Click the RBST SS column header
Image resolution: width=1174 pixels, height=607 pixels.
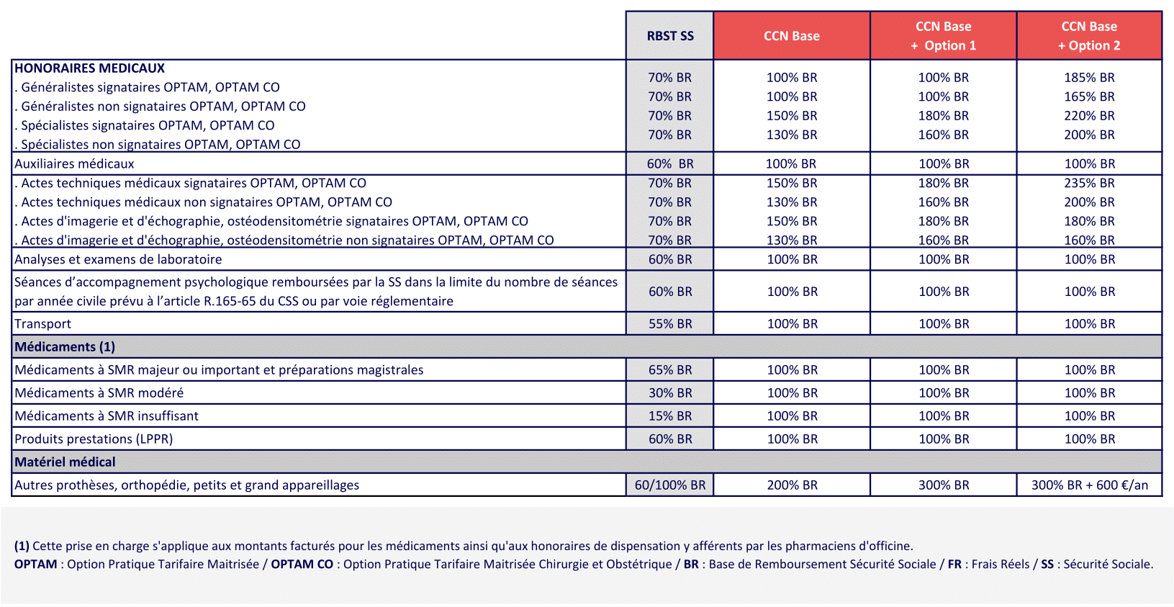coord(669,36)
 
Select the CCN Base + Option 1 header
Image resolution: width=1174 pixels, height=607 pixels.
coord(943,36)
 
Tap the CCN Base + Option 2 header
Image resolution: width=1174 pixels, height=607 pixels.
coord(1089,36)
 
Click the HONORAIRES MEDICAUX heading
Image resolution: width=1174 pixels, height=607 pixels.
coord(90,68)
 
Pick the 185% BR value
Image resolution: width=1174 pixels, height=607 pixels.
coord(1089,78)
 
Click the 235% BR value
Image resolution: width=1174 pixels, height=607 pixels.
coord(1089,184)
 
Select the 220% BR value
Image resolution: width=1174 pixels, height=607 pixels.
coord(1089,116)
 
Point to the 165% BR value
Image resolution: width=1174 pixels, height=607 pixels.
coord(1089,96)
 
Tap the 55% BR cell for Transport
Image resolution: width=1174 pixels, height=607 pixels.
coord(669,324)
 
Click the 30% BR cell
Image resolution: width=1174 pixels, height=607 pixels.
coord(669,393)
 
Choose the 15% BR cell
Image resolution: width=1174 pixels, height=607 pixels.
coord(669,416)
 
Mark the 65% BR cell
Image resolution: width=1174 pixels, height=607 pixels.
coord(669,370)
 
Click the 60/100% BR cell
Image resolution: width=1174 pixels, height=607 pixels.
coord(669,485)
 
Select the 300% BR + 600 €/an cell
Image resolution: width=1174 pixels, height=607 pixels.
coord(1089,485)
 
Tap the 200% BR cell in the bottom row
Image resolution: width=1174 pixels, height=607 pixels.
coord(792,485)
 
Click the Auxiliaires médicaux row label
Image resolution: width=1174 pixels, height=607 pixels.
coord(74,164)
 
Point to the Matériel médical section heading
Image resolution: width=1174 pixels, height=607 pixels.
coord(65,462)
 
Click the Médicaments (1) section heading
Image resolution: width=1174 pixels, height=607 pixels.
coord(65,347)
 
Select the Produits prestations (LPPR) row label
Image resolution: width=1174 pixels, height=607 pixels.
coord(94,439)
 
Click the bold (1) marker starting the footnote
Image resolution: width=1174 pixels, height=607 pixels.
coord(22,546)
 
